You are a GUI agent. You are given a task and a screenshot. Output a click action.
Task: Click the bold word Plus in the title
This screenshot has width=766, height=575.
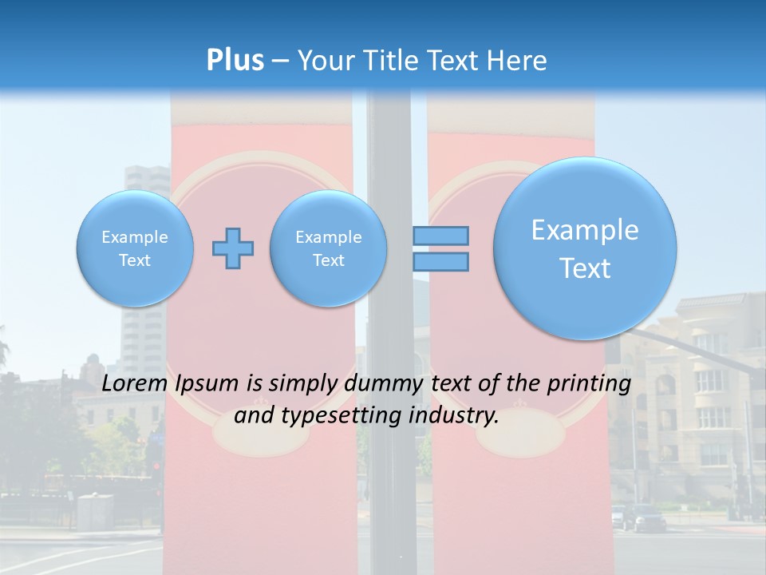[235, 60]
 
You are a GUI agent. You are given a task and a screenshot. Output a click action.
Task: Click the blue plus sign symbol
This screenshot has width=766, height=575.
[233, 248]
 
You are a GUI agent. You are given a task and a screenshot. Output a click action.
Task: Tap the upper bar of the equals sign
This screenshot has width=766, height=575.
[440, 236]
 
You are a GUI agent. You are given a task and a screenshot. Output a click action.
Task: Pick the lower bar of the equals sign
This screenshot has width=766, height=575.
[440, 261]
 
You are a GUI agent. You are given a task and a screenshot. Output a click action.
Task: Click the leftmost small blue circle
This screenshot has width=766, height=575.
[135, 248]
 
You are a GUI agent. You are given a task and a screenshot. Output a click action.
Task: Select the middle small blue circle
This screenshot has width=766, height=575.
[328, 248]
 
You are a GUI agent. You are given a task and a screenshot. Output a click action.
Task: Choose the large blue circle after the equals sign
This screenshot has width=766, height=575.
[585, 248]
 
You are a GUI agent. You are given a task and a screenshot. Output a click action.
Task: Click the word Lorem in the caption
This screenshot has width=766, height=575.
[133, 383]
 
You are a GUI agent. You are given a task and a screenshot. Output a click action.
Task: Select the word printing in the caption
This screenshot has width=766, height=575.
[589, 384]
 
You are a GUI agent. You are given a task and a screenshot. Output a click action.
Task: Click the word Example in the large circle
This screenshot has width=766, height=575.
[585, 230]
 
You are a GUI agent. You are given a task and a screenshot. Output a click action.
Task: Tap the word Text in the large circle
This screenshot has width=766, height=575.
[585, 268]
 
